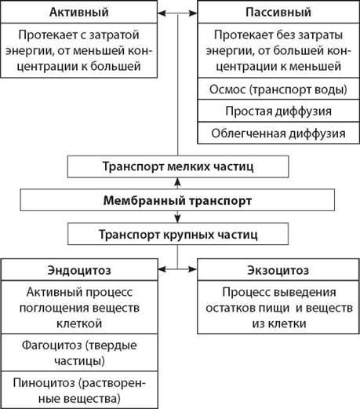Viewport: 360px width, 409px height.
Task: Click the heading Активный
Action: click(79, 13)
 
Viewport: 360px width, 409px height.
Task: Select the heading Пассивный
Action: click(278, 13)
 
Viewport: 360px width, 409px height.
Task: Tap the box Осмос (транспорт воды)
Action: click(278, 89)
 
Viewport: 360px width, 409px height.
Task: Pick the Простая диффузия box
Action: click(278, 111)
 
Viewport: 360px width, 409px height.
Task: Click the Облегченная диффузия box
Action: click(278, 133)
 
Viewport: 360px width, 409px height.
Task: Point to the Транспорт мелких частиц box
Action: click(178, 166)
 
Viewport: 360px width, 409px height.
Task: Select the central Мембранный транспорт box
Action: click(177, 200)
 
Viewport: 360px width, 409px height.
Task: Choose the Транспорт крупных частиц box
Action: click(178, 234)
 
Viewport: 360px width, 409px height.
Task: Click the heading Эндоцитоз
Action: click(79, 270)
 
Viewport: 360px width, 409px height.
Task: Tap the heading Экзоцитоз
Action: click(278, 270)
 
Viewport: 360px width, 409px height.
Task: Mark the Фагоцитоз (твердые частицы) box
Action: click(79, 352)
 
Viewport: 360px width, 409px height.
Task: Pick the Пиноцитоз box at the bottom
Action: click(79, 390)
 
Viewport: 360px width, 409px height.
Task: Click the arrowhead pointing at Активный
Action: click(162, 13)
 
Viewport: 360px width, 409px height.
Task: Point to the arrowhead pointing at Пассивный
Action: click(193, 13)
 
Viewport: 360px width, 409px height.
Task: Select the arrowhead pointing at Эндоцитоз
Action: click(162, 269)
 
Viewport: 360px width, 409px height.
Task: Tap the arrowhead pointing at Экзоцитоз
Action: click(193, 269)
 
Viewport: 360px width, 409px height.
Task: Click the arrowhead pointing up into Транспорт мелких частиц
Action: click(178, 181)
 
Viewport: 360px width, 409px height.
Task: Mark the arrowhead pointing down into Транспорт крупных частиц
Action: click(178, 219)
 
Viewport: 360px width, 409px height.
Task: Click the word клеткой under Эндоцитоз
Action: click(79, 323)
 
